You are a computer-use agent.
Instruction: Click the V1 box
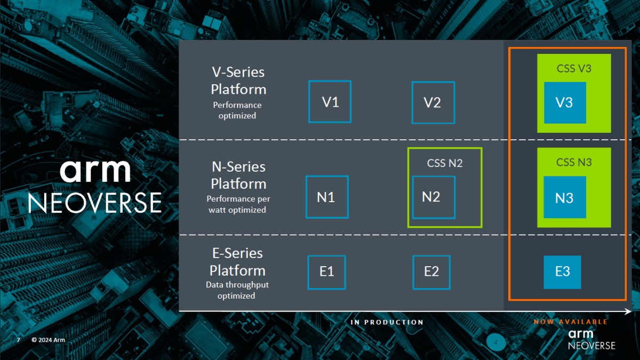(x=330, y=101)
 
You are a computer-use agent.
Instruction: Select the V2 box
(x=433, y=102)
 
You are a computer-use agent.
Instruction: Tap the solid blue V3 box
(x=565, y=102)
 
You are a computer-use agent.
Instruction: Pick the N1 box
(x=327, y=197)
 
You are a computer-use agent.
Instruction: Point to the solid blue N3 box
(x=565, y=197)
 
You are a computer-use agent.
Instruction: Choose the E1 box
(x=327, y=272)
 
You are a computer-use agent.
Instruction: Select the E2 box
(x=431, y=272)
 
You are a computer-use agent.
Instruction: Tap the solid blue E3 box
(x=563, y=272)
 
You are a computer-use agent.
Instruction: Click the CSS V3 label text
(x=574, y=68)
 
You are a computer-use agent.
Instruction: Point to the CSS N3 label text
(x=574, y=162)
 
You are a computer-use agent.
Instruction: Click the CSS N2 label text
(x=445, y=163)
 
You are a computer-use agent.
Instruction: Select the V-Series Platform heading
(x=238, y=80)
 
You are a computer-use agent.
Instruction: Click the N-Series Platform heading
(x=238, y=175)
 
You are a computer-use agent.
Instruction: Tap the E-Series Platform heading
(x=237, y=261)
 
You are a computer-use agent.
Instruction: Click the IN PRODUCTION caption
(x=387, y=322)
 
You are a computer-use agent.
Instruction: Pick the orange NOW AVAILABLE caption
(x=571, y=322)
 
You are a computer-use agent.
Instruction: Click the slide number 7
(x=18, y=340)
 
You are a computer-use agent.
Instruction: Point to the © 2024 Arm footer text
(x=48, y=340)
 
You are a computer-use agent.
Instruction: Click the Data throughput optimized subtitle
(x=237, y=290)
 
